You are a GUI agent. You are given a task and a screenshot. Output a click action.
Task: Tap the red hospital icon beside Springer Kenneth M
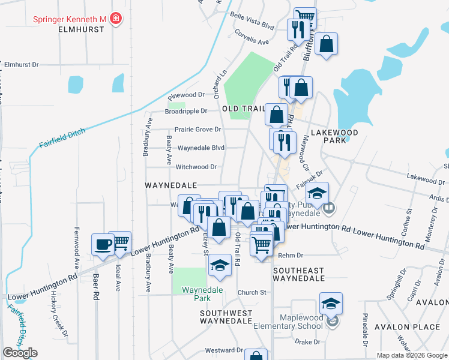coord(115,19)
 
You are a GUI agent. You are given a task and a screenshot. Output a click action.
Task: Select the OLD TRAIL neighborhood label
coord(243,109)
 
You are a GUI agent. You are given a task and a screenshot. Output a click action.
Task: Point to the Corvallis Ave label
coord(252,37)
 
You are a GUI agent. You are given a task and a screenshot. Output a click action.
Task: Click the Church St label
coord(251,292)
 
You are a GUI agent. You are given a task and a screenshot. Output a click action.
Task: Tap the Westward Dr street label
coord(223,350)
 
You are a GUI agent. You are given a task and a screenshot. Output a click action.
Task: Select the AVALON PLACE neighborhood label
coord(399,327)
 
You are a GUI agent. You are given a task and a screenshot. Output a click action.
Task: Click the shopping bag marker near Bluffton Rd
coord(326,44)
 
